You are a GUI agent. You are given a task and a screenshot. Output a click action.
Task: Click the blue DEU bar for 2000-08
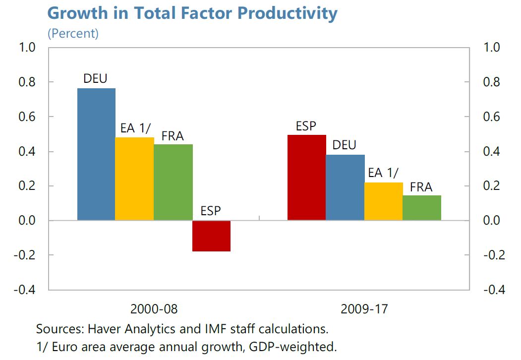97,154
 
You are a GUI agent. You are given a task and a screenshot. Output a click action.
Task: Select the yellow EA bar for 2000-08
134,179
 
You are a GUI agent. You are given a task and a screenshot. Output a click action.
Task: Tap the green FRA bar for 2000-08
173,182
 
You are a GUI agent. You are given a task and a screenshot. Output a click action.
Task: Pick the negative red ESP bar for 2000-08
212,236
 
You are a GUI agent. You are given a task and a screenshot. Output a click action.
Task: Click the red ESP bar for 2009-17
307,177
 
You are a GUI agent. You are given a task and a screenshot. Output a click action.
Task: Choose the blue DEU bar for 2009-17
345,187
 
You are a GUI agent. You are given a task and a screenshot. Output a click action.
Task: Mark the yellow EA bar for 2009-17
384,201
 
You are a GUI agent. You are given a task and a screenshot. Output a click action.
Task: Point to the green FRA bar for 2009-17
422,208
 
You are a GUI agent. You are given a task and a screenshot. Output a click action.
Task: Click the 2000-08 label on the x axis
154,308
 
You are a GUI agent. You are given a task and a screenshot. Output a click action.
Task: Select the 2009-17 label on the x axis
364,308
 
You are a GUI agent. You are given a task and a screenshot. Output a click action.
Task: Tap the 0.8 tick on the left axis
28,82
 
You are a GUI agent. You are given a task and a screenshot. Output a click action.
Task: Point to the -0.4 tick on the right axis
494,290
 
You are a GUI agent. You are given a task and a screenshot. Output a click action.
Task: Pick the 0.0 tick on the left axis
28,221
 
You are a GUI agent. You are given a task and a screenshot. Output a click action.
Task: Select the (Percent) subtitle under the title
73,34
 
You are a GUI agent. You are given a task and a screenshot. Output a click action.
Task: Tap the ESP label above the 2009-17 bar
306,126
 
